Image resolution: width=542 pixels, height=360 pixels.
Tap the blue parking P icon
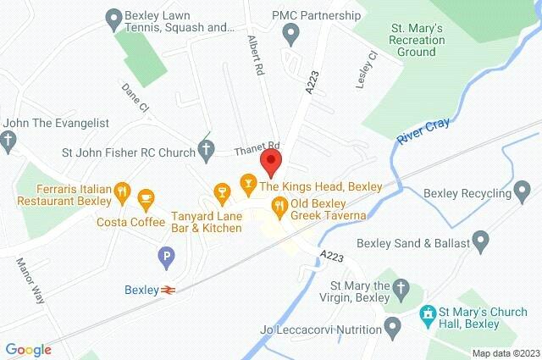pos(166,254)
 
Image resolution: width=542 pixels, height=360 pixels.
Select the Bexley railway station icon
pos(169,290)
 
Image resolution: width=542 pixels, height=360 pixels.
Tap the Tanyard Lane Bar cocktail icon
pos(222,192)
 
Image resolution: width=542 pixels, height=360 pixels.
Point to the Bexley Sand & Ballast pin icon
pos(482,242)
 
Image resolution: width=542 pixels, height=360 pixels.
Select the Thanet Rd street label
pos(257,147)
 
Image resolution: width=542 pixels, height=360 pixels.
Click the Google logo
pos(29,349)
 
